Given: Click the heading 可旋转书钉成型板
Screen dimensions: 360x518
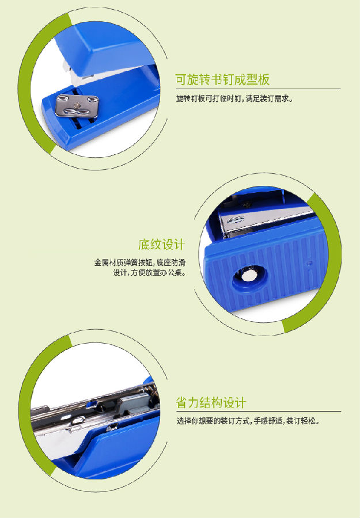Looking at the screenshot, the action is tap(222, 79).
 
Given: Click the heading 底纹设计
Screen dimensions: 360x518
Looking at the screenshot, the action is tap(161, 245).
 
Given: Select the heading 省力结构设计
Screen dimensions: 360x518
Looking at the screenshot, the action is tap(211, 403).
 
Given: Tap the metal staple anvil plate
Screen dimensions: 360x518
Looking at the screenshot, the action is tap(77, 106).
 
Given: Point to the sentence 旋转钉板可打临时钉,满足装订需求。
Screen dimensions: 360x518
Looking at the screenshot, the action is tap(234, 98).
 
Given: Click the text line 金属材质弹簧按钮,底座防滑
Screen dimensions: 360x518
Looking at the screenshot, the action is tap(140, 262).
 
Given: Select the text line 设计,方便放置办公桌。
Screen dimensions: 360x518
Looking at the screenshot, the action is tap(149, 273).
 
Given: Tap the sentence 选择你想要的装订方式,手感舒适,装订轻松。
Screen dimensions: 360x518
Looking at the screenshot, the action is tap(248, 421).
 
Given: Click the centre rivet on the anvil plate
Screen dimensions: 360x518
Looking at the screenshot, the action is tap(77, 105).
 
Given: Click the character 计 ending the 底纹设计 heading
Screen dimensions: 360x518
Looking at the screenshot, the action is tap(179, 245).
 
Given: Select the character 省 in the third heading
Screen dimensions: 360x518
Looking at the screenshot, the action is tap(181, 403).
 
